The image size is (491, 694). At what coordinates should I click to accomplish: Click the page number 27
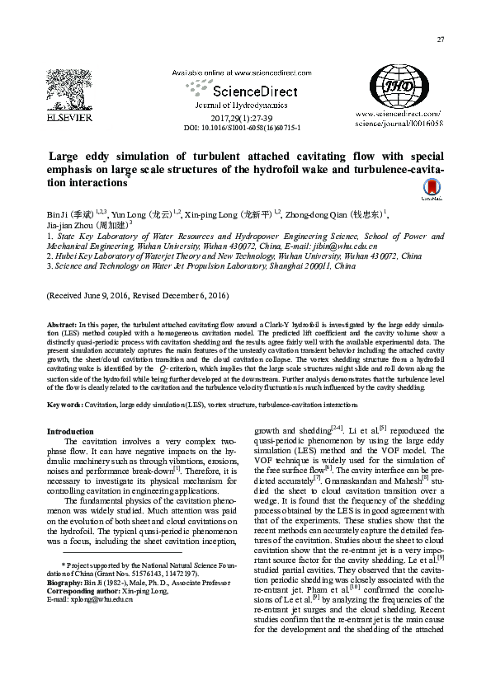441,40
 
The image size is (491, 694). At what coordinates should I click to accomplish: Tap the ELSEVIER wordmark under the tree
68,118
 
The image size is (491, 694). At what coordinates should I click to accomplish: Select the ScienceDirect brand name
243,91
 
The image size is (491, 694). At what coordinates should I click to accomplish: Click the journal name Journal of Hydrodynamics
240,106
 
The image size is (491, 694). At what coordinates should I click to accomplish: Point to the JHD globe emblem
399,86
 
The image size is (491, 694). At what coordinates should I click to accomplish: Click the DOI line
241,128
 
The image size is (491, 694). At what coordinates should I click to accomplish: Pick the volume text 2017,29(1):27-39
241,120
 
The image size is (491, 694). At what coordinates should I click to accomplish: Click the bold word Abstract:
61,326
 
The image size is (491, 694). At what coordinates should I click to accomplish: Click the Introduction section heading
70,431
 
